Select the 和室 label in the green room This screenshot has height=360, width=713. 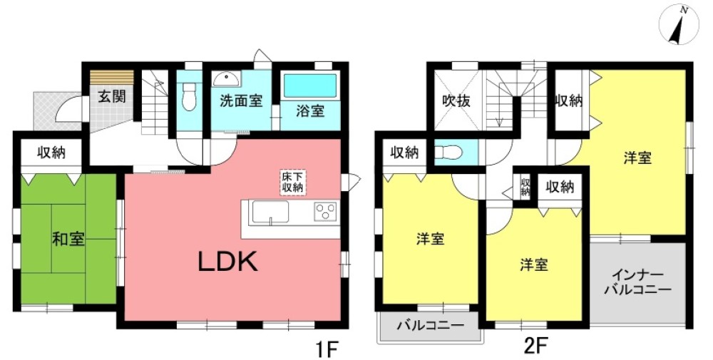click(x=68, y=239)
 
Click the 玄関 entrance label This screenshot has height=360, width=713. click(x=112, y=96)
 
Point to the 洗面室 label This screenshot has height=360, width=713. click(x=241, y=102)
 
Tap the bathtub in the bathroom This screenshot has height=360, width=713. click(x=309, y=86)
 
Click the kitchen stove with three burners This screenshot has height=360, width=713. click(x=326, y=212)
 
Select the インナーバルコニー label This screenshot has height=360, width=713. click(x=636, y=283)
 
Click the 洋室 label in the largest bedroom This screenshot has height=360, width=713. click(x=638, y=158)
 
